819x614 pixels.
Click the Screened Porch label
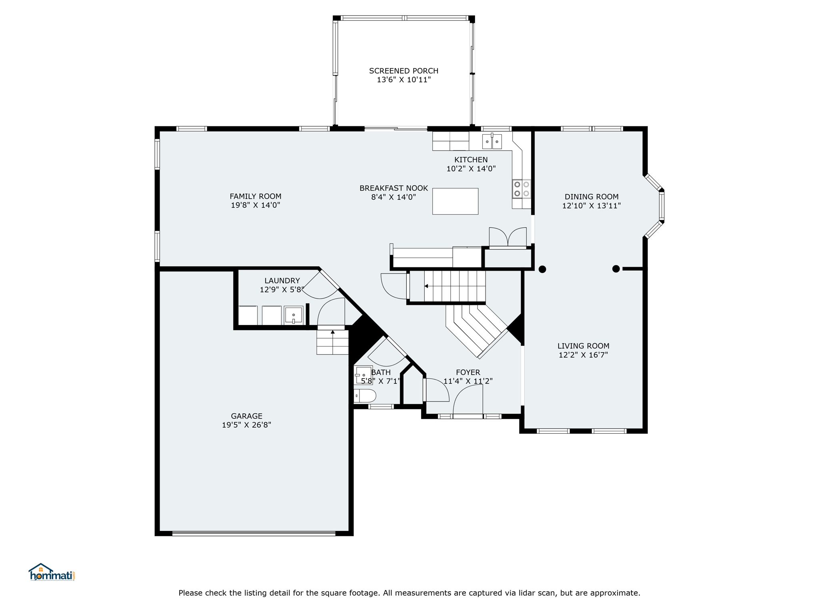click(x=404, y=71)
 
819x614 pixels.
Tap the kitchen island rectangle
click(x=455, y=201)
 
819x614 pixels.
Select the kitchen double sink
click(x=492, y=142)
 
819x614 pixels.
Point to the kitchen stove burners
click(x=521, y=189)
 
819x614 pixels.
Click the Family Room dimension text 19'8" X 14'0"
click(x=255, y=205)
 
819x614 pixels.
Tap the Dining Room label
click(x=591, y=197)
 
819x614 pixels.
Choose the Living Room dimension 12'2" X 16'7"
click(x=583, y=355)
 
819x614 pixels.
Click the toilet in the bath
click(x=365, y=396)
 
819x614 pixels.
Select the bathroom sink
click(x=363, y=375)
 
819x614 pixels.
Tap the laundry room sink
click(x=294, y=315)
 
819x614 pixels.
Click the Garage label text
click(x=246, y=416)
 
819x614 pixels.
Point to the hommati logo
click(x=52, y=572)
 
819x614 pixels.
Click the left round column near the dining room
click(x=542, y=269)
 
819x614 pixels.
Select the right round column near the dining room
click(x=616, y=269)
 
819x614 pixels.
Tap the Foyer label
click(x=468, y=372)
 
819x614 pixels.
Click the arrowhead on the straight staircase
click(x=426, y=286)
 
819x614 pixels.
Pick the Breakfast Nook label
click(x=394, y=188)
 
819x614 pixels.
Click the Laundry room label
click(x=282, y=281)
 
